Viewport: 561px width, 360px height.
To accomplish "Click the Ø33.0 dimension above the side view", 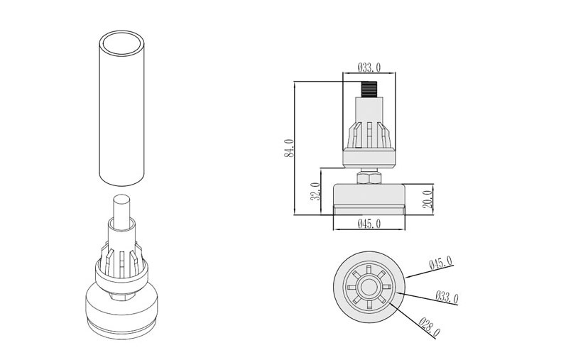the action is tap(369, 67).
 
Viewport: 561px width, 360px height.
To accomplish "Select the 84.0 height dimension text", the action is tap(289, 148).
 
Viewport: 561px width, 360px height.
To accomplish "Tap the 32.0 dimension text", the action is tap(315, 192).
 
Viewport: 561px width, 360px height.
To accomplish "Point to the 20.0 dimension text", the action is tap(427, 200).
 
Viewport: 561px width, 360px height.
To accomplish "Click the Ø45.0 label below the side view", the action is tap(369, 224).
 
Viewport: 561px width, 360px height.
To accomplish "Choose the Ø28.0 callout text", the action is tap(430, 327).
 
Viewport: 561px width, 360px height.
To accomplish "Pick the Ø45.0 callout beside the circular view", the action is tap(441, 262).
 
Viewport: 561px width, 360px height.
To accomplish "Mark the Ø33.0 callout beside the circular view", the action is tap(447, 298).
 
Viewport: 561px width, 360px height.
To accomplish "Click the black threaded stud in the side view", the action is tap(369, 89).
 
